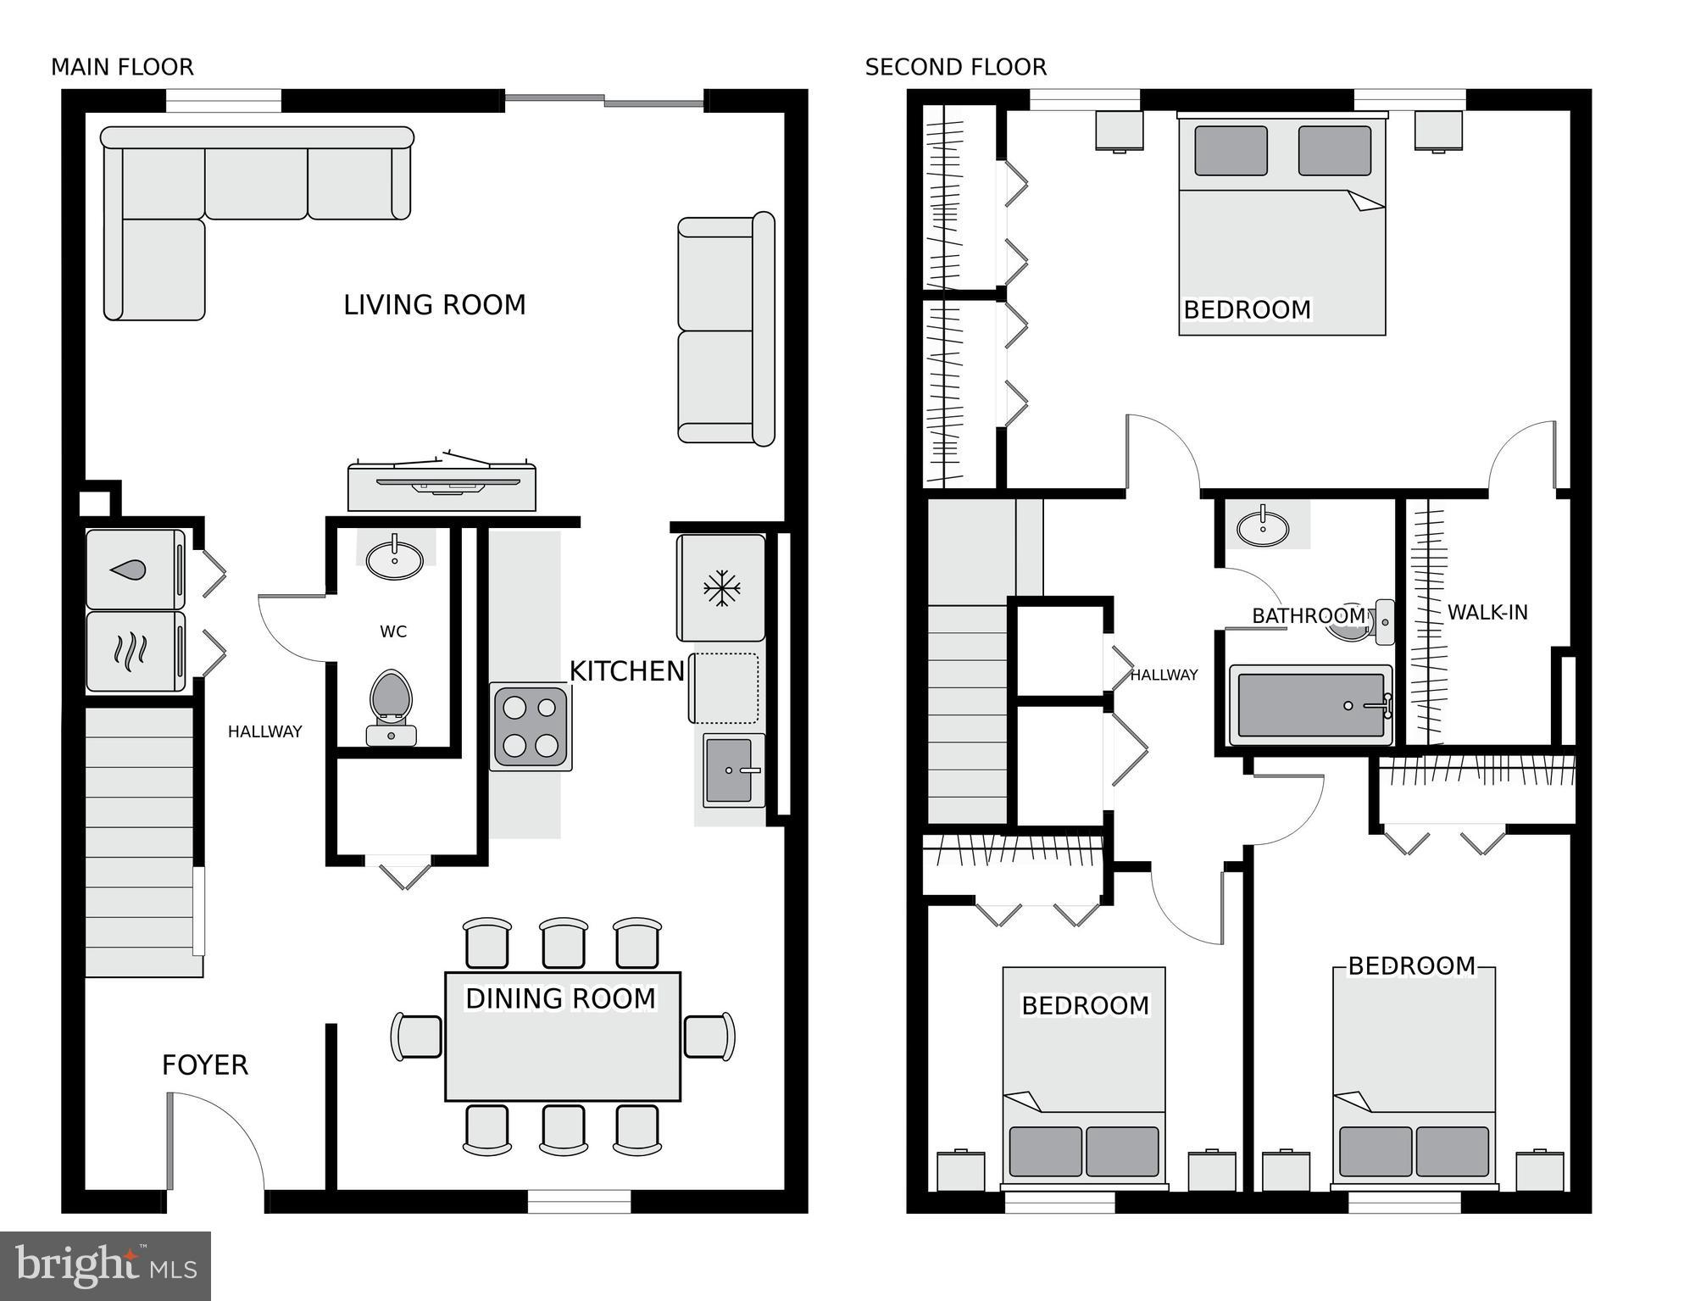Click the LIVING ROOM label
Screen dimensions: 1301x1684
pos(434,304)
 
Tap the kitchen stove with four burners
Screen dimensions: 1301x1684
pos(531,727)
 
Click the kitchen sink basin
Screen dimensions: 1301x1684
pos(728,770)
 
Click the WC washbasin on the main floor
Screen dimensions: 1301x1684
pos(395,559)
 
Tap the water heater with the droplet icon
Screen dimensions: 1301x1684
pos(135,570)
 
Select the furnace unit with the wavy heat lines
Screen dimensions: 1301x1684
pos(135,651)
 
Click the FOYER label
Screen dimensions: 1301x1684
pos(204,1065)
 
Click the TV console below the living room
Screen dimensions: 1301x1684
pos(442,488)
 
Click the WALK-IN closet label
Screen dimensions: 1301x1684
pos(1487,612)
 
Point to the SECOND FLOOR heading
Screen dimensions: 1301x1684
pos(955,67)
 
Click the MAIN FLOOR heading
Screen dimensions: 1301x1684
pos(122,67)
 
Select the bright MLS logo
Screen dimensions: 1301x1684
pos(105,1265)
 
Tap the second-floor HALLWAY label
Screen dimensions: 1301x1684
pos(1164,675)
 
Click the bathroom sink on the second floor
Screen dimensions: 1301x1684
pos(1263,528)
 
